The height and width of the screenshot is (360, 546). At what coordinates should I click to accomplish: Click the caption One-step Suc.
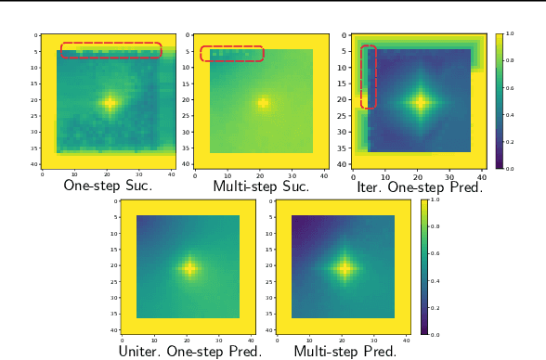point(107,186)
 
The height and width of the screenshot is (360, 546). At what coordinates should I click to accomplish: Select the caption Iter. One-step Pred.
point(419,186)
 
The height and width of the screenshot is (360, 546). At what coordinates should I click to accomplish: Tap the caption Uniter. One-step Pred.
point(190,352)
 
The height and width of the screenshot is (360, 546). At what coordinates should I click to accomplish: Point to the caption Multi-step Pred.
point(345,352)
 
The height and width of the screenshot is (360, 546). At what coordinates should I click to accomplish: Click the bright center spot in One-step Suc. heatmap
point(110,103)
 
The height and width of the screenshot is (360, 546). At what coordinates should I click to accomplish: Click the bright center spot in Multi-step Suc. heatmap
point(264,102)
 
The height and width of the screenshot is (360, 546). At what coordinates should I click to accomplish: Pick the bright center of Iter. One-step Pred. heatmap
point(420,102)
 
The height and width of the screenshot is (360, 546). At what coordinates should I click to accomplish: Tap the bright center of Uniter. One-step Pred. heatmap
point(189,269)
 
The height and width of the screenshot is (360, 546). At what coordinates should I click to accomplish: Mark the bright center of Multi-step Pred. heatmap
point(345,269)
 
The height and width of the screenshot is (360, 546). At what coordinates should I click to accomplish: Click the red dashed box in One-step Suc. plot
point(111,50)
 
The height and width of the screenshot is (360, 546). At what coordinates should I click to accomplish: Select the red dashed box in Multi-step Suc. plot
point(232,53)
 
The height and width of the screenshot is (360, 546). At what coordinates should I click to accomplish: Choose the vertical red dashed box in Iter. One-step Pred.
point(369,77)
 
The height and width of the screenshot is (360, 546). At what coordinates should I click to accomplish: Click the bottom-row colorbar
point(424,266)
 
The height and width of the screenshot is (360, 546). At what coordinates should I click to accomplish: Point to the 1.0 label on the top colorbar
point(510,33)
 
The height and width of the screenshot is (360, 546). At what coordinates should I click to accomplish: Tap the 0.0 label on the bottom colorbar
point(435,333)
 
